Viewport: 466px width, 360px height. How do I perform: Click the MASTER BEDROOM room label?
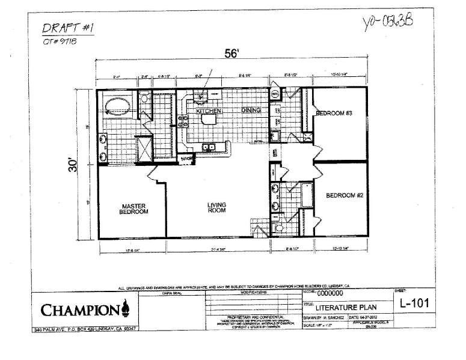[x=133, y=208]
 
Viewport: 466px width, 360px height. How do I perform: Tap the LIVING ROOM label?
[x=217, y=207]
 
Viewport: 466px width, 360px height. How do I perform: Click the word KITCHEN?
[x=205, y=112]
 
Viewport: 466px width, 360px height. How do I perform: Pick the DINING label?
[x=252, y=111]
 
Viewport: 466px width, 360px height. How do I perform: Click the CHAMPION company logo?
[x=84, y=310]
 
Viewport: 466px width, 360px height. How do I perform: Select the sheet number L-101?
[x=415, y=303]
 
